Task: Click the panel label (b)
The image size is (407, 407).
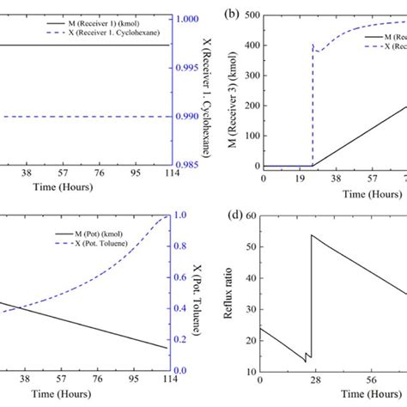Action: (231, 15)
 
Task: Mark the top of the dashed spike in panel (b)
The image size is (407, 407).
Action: (313, 45)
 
